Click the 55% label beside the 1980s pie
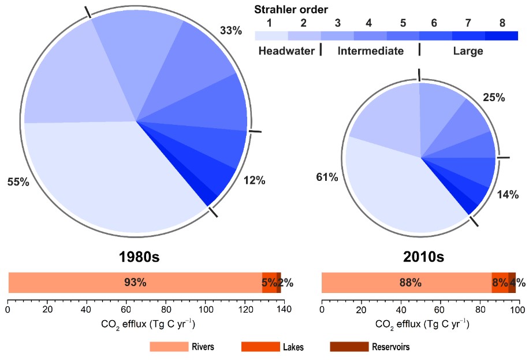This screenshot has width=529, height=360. (18, 182)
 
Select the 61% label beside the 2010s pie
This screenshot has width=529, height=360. (326, 177)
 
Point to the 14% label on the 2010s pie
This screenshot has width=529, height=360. (509, 194)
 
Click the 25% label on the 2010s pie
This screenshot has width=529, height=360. (494, 98)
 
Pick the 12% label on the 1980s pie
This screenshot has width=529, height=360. (254, 181)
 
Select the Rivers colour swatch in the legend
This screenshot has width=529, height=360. (169, 347)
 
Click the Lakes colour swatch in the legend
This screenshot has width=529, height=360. (260, 347)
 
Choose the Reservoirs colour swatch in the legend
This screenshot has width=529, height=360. (349, 347)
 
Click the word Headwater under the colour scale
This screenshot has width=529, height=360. (285, 51)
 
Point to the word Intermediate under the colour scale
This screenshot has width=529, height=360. (371, 51)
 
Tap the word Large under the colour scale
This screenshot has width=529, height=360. (468, 51)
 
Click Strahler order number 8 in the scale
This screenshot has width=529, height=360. (502, 23)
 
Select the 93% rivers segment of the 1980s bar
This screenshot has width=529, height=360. (135, 283)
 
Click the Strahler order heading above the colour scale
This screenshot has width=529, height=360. (292, 9)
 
